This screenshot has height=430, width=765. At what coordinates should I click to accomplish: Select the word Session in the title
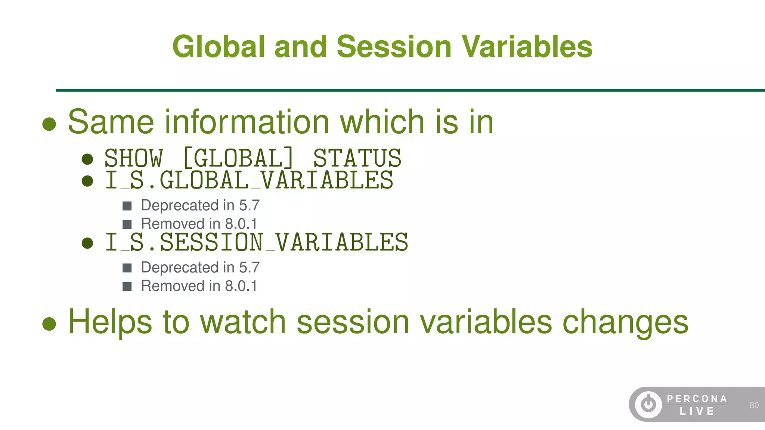tap(394, 47)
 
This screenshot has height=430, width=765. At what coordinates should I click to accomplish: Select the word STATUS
tap(357, 158)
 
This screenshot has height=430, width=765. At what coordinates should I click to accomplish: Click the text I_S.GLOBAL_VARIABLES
tap(249, 180)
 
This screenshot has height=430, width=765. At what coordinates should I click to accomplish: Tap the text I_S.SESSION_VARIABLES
tap(256, 242)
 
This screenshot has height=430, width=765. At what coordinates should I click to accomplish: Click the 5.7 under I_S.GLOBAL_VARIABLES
tap(249, 205)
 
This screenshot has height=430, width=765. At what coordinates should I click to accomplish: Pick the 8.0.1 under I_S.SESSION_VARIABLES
tap(241, 286)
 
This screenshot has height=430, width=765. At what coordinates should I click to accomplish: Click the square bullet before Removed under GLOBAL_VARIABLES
tap(127, 224)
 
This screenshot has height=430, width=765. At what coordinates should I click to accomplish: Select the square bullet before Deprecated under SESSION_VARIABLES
tap(127, 268)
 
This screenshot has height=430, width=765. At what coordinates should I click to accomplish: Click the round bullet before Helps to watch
tap(49, 324)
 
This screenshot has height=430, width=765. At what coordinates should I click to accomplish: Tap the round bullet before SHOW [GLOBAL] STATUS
tap(87, 159)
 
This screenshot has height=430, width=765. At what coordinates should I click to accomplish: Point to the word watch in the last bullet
tap(243, 322)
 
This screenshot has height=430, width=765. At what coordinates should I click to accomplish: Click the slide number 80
tap(754, 405)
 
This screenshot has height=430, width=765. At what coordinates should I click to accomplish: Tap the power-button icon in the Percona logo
tap(648, 404)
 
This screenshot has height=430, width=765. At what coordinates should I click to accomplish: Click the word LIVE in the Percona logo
tap(697, 411)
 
